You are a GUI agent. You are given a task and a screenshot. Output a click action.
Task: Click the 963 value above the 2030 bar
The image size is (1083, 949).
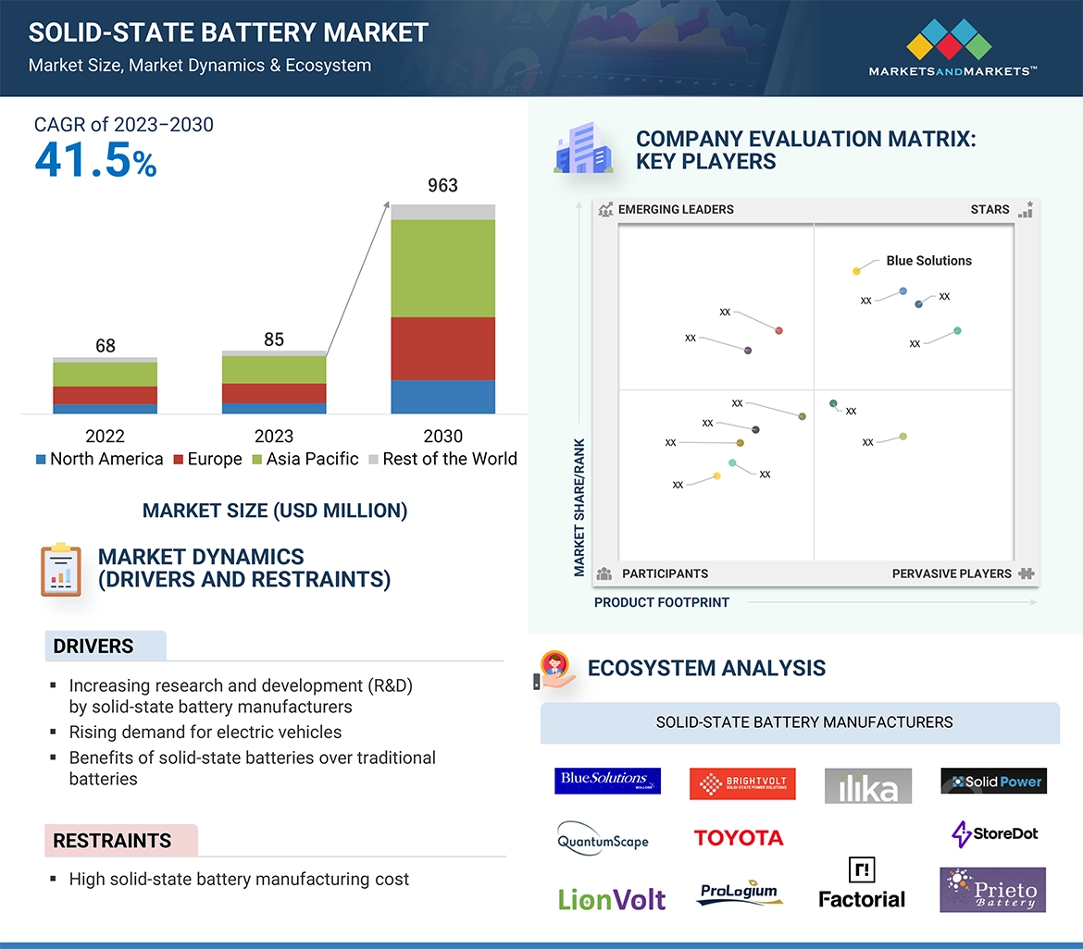442,186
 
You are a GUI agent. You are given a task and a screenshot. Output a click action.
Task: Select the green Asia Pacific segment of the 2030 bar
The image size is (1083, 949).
442,268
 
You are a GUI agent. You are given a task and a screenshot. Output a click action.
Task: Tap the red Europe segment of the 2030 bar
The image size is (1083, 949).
442,349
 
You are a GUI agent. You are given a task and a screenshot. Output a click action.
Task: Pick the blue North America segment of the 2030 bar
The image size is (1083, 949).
442,397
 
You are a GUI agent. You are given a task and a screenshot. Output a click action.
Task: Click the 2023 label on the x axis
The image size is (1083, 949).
274,436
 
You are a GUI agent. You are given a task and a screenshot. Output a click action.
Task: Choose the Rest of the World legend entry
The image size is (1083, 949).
442,460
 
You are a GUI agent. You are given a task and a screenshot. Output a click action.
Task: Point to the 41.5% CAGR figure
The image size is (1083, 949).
95,160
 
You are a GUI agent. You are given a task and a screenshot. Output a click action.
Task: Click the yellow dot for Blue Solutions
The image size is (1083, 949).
856,271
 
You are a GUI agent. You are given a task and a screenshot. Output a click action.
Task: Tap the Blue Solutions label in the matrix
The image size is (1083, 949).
928,261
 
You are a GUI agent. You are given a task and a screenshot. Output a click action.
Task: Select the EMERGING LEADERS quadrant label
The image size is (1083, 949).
676,210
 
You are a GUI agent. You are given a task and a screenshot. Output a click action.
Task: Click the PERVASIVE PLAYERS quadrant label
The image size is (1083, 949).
952,573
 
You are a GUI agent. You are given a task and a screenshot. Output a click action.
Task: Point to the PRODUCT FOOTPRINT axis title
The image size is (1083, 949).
662,602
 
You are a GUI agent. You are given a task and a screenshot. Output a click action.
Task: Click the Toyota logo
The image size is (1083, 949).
739,838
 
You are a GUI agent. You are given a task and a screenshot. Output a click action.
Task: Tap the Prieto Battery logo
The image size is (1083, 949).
992,890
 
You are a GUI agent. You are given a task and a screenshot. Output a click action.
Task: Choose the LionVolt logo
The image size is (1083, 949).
612,898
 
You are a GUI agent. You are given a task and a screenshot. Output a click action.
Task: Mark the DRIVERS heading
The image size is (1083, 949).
93,647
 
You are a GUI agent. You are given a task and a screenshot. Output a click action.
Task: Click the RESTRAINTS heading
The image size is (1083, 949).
112,841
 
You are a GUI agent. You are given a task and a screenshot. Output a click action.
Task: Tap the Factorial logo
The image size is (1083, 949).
862,885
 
